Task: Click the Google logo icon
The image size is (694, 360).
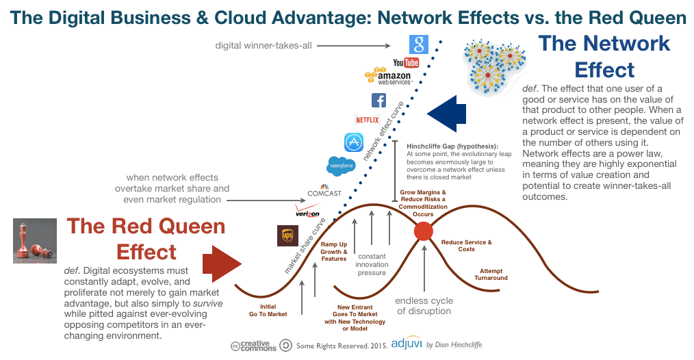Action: tap(419, 45)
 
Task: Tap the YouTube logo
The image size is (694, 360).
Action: tap(406, 63)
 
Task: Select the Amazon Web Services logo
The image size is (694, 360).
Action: tap(388, 77)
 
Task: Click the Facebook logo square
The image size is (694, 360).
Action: tap(378, 101)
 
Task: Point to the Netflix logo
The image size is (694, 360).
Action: tap(368, 120)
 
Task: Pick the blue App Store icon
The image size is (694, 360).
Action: tap(354, 142)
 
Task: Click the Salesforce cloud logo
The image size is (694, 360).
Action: tap(341, 166)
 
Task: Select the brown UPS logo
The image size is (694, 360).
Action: tap(287, 235)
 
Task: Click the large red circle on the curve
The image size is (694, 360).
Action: tap(424, 231)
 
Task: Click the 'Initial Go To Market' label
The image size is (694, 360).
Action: tap(268, 310)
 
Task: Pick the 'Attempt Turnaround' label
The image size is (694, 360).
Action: tap(493, 274)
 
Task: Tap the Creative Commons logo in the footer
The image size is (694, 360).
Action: tap(254, 346)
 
